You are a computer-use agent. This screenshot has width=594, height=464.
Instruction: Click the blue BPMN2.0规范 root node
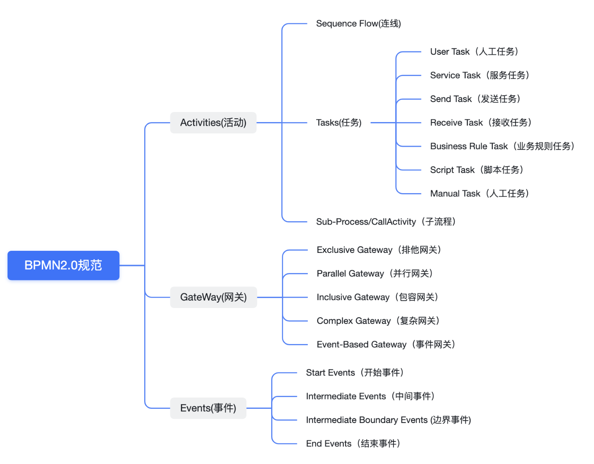click(63, 265)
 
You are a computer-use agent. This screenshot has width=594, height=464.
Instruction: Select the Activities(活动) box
click(213, 122)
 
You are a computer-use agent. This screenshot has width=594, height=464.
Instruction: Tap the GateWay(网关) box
click(213, 297)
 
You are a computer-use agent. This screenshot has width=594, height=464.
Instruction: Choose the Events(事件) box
click(208, 408)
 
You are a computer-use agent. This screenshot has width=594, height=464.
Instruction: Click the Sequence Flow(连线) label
click(358, 24)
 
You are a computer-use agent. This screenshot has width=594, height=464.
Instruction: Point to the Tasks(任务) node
click(339, 122)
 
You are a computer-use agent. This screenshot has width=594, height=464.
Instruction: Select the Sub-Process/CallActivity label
click(386, 222)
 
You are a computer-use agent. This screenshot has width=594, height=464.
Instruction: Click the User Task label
click(475, 52)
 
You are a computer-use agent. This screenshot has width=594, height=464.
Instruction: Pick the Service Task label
click(480, 75)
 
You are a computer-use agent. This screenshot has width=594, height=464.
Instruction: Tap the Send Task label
click(475, 99)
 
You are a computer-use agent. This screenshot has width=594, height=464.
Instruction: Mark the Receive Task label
click(481, 122)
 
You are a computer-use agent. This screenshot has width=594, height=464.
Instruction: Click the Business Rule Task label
click(503, 146)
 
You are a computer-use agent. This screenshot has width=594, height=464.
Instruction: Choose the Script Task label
click(477, 170)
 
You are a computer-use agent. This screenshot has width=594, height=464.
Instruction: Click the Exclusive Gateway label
click(379, 250)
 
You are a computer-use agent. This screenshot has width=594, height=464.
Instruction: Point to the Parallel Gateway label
click(375, 273)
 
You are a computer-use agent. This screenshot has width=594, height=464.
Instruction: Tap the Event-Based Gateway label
click(386, 344)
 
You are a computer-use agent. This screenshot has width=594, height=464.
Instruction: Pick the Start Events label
click(355, 372)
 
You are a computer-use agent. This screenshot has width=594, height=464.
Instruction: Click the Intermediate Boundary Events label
click(388, 420)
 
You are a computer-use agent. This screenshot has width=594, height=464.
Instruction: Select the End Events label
click(353, 444)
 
